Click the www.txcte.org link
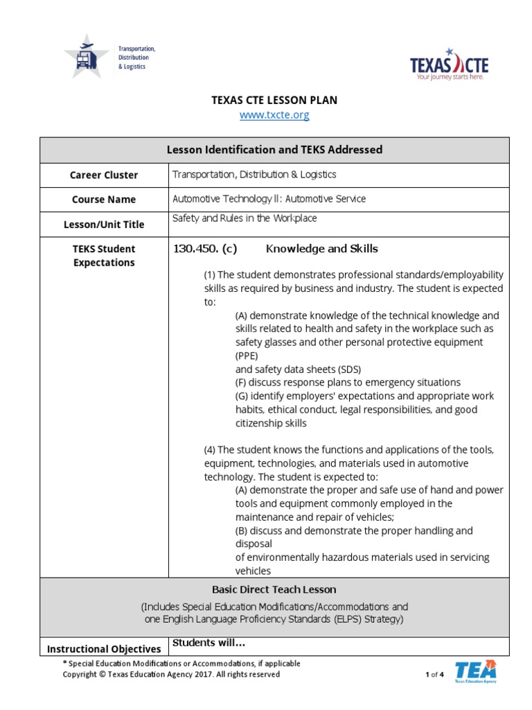[274, 115]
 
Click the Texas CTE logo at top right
[449, 64]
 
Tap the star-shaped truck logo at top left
[87, 56]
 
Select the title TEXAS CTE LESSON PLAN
[274, 101]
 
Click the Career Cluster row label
[104, 175]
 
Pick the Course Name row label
[104, 200]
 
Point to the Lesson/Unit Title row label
[104, 225]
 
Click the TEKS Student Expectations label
[104, 256]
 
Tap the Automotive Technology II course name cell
[269, 199]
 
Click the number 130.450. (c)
[205, 249]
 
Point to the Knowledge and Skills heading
[322, 249]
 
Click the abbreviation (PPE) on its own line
[247, 356]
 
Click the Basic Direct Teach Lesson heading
[274, 589]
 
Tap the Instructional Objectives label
[104, 649]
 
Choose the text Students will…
[209, 643]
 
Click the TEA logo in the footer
[475, 672]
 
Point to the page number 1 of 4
[434, 675]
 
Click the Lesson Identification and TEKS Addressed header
[274, 150]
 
